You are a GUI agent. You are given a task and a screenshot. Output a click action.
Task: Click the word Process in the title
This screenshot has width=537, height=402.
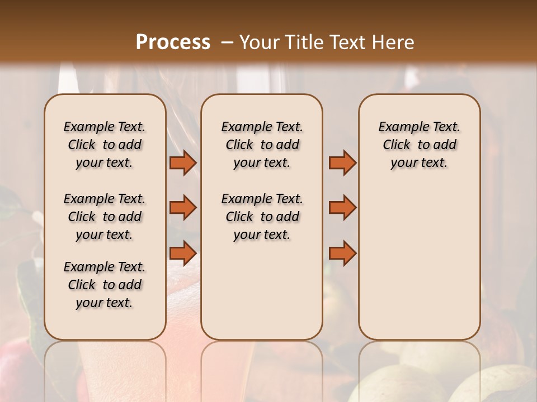click(x=173, y=42)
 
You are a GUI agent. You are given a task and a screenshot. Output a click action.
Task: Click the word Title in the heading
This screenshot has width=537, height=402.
click(x=302, y=42)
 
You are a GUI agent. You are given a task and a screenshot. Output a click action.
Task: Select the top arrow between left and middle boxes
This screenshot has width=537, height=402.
click(x=183, y=162)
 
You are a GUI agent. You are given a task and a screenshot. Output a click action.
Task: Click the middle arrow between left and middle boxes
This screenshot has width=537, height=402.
click(x=183, y=208)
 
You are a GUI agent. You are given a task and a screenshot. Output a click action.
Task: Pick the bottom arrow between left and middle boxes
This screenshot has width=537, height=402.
click(x=183, y=253)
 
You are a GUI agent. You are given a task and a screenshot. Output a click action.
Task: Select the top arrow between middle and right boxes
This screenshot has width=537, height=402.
click(x=342, y=162)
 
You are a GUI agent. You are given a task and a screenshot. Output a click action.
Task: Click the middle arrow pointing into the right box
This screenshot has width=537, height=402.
click(x=342, y=208)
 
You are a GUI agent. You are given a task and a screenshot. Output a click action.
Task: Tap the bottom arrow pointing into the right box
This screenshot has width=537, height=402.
click(x=342, y=253)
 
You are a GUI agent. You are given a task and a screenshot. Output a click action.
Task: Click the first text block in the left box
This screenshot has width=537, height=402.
click(x=105, y=145)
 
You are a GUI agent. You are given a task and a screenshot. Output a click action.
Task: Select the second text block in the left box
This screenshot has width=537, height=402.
click(x=105, y=217)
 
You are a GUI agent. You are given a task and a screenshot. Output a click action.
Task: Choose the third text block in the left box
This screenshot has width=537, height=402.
click(x=105, y=285)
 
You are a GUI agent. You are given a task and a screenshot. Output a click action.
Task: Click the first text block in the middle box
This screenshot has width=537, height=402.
click(x=262, y=145)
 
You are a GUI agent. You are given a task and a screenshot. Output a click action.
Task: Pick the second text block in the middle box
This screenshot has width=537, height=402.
click(x=262, y=217)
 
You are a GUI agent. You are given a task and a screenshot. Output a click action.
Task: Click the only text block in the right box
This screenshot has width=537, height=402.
click(x=420, y=145)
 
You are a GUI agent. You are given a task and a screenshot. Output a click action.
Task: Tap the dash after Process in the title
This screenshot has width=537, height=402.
click(x=227, y=42)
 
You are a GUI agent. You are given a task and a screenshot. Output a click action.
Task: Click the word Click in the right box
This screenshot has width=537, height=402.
click(x=397, y=145)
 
